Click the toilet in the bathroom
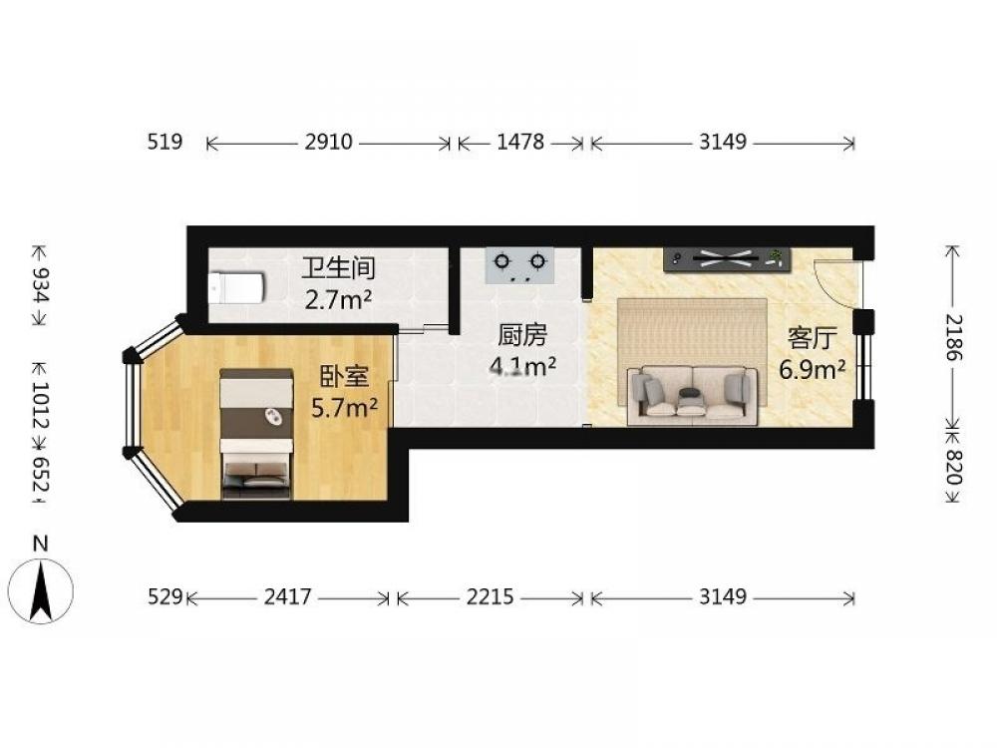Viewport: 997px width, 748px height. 235,288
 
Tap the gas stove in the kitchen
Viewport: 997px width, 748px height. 519,266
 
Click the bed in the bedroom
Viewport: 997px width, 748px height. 256,433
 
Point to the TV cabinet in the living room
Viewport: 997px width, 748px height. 727,259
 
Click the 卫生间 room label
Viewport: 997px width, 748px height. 338,268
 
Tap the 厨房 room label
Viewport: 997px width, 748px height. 522,335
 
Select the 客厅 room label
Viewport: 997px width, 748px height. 812,338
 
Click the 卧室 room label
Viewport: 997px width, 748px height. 344,377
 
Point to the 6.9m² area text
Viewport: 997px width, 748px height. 813,369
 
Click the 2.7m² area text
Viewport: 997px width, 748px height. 338,299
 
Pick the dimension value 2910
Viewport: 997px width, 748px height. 328,142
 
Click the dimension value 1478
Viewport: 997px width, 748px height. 520,142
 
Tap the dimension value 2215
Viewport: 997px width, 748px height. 490,596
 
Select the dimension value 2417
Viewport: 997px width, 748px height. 288,596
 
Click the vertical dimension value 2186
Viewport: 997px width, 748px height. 954,338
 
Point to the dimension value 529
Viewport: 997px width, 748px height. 166,596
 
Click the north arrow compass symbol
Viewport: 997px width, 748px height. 41,591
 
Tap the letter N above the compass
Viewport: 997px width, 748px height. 41,544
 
